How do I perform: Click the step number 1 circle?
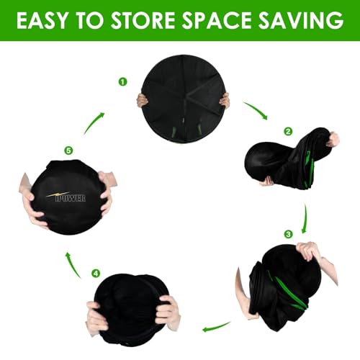(122, 82)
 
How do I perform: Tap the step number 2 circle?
(288, 131)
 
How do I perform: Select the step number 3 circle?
(288, 234)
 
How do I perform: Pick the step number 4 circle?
(96, 273)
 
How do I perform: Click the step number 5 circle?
(68, 150)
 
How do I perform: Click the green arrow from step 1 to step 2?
(257, 109)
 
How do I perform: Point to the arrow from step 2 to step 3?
(305, 218)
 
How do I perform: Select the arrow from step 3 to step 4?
(217, 327)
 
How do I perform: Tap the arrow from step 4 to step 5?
(73, 265)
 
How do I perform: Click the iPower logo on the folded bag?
(66, 197)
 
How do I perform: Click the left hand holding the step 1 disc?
(142, 101)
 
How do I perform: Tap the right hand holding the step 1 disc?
(225, 100)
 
